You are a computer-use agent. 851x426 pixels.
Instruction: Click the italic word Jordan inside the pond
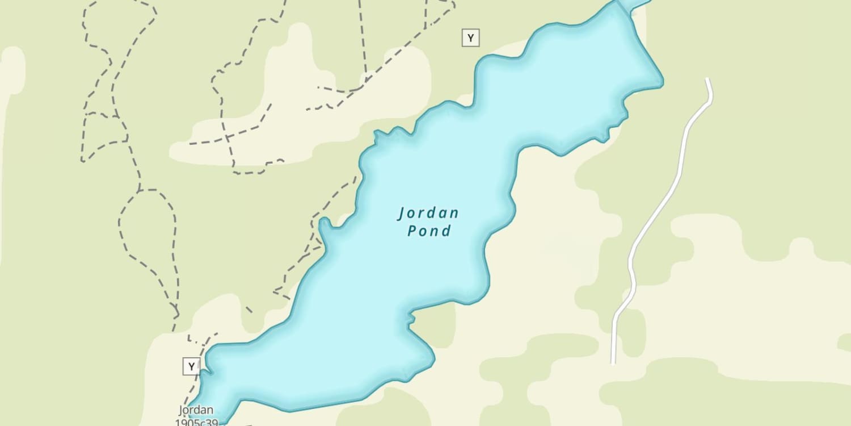tap(428, 214)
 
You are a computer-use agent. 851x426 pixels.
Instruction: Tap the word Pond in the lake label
tap(429, 231)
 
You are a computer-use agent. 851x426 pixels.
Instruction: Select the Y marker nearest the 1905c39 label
tap(191, 366)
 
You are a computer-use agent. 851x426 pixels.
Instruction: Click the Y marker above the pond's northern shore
tap(470, 38)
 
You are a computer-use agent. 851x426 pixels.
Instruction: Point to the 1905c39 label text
tap(196, 421)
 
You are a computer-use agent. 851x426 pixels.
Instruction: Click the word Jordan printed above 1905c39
tap(196, 410)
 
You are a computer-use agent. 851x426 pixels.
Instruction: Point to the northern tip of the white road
tap(707, 80)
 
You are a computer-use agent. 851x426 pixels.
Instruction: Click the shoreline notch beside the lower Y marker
tap(204, 372)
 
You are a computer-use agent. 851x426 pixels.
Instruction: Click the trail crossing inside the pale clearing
tap(228, 137)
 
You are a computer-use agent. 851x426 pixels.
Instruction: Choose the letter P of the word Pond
tap(412, 231)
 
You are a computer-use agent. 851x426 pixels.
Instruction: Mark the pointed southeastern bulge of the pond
tap(433, 359)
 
